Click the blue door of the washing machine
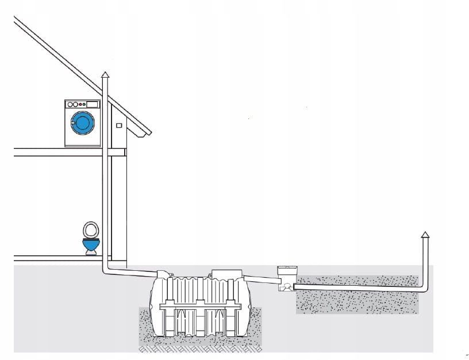(x=82, y=122)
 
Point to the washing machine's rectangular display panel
(x=92, y=104)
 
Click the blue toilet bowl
(x=91, y=246)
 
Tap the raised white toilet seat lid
(x=89, y=230)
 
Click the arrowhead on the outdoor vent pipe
(x=425, y=234)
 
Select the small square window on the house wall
(x=119, y=125)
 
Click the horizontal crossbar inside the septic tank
(x=199, y=308)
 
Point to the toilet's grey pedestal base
(x=91, y=253)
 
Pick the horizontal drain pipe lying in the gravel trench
(x=356, y=286)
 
